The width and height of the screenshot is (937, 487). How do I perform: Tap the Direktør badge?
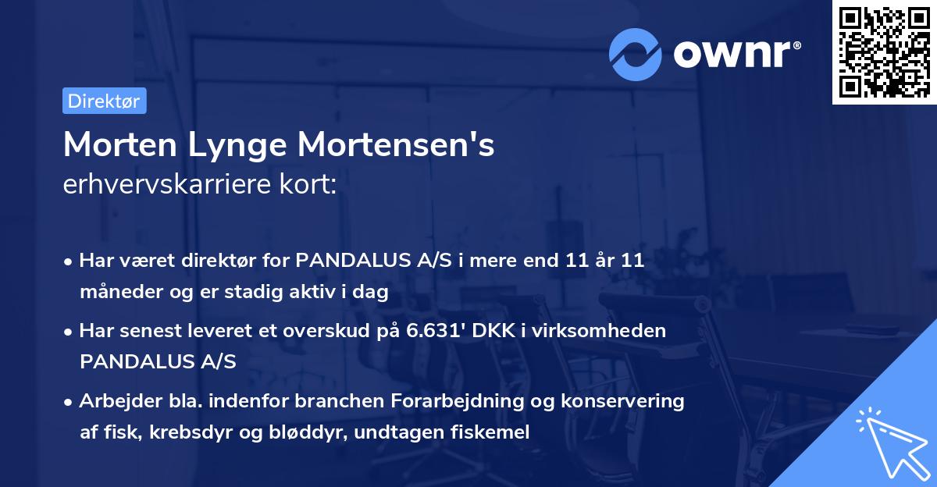104,101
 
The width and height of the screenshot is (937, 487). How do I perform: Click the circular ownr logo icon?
636,54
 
